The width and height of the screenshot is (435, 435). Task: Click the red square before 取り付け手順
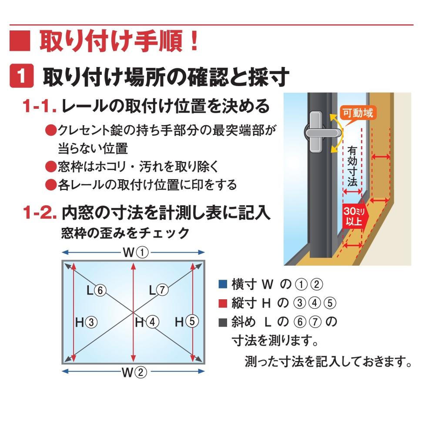tap(20, 41)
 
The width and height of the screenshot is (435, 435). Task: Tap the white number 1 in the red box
tap(21, 76)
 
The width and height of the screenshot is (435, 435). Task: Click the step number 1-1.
tap(40, 106)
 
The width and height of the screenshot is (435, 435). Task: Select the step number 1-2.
tap(40, 213)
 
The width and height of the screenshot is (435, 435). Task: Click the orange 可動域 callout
tap(358, 113)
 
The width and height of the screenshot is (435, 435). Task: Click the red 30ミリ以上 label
tap(354, 216)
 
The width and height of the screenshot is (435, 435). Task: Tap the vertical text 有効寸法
tap(352, 166)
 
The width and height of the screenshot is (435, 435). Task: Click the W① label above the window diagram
tap(136, 252)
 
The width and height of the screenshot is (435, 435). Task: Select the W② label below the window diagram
tap(134, 372)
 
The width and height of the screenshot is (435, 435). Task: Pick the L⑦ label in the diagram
tap(158, 290)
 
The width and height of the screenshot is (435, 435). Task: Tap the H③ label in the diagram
tap(86, 322)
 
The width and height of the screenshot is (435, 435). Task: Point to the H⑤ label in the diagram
tap(187, 322)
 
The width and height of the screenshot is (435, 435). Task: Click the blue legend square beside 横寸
tap(223, 284)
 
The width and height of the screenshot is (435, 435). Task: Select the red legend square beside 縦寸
tap(223, 303)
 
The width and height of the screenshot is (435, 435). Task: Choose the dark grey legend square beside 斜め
tap(223, 322)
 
